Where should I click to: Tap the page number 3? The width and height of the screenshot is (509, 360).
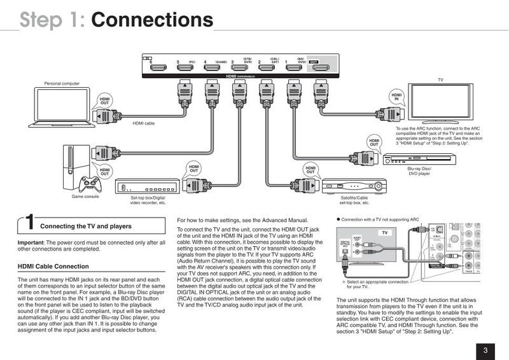(485, 349)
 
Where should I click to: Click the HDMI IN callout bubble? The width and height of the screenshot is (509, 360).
(396, 96)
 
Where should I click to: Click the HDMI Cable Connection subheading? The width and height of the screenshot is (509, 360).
(53, 267)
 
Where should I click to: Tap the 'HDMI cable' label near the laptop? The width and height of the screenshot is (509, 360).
(143, 123)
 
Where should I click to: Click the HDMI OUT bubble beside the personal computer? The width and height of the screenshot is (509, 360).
(104, 102)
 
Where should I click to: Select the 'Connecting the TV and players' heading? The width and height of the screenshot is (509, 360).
(86, 226)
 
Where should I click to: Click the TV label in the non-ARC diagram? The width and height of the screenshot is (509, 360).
(384, 233)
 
